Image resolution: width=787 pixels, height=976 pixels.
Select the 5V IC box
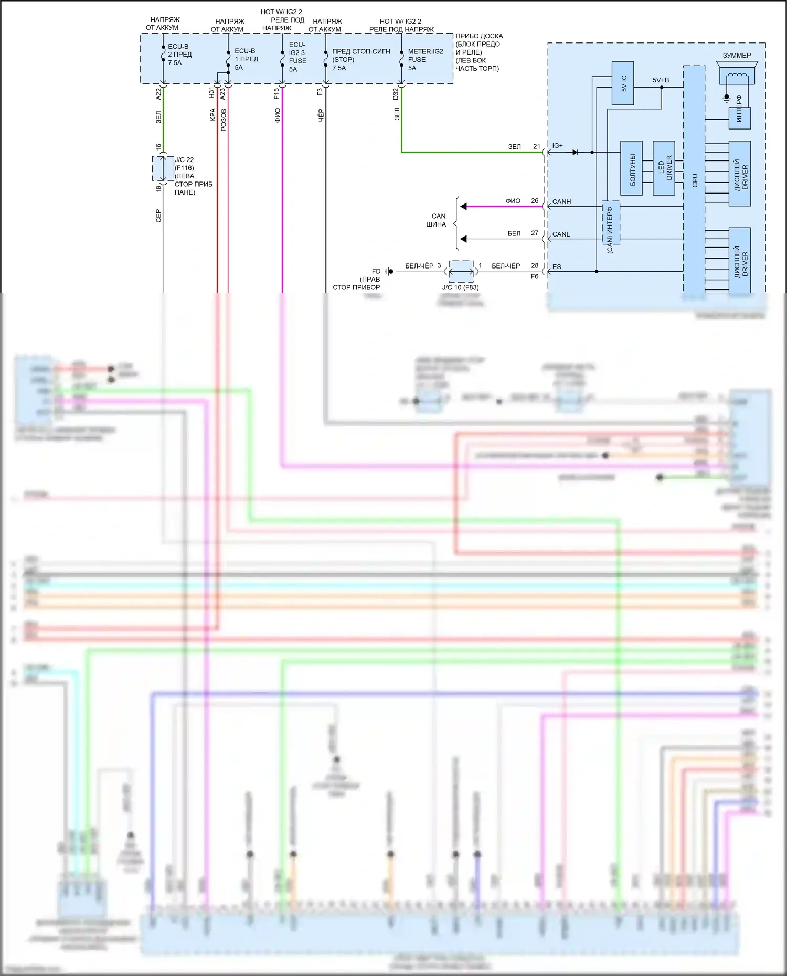623,83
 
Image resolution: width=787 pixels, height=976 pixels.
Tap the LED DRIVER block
664,168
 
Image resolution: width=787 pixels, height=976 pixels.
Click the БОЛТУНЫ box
631,168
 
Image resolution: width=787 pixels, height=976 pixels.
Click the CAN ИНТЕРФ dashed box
611,223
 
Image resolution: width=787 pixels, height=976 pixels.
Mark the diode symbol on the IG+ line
575,153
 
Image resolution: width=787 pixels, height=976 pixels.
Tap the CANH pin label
561,202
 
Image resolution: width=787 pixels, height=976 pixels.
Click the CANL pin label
561,234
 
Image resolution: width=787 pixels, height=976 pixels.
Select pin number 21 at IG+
537,146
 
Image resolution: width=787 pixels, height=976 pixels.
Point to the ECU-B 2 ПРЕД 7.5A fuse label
179,55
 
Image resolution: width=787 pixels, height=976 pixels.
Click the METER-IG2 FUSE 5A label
425,60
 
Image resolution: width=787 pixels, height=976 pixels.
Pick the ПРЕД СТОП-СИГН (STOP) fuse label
360,60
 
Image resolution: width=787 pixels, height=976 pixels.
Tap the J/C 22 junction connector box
163,168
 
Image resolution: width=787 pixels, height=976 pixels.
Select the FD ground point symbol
389,271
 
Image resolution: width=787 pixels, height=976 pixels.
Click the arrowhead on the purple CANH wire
463,207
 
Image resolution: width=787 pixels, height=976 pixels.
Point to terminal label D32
396,94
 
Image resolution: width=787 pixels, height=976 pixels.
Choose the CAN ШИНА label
437,220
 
